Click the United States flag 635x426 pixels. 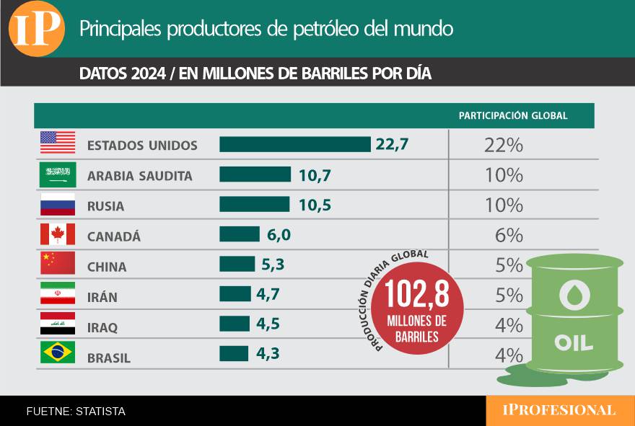coord(58,142)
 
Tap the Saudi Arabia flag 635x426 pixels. coord(58,174)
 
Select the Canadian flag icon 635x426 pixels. coord(58,234)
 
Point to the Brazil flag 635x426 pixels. coord(58,352)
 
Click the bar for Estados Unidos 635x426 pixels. coord(294,144)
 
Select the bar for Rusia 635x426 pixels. coord(254,205)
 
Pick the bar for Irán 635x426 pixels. coord(235,294)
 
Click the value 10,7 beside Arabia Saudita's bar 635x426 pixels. coord(315,174)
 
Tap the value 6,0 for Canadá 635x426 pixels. coord(278,235)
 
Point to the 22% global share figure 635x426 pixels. coord(504,145)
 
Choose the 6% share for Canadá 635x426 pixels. coord(509,235)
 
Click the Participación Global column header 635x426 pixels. coord(513,115)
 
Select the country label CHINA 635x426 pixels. coord(107,267)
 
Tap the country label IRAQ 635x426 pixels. coord(102,327)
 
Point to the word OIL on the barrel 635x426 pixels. coord(574,342)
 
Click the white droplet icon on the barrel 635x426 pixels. coord(574,295)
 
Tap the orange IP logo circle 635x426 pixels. coord(36,29)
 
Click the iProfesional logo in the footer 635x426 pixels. coord(559,410)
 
